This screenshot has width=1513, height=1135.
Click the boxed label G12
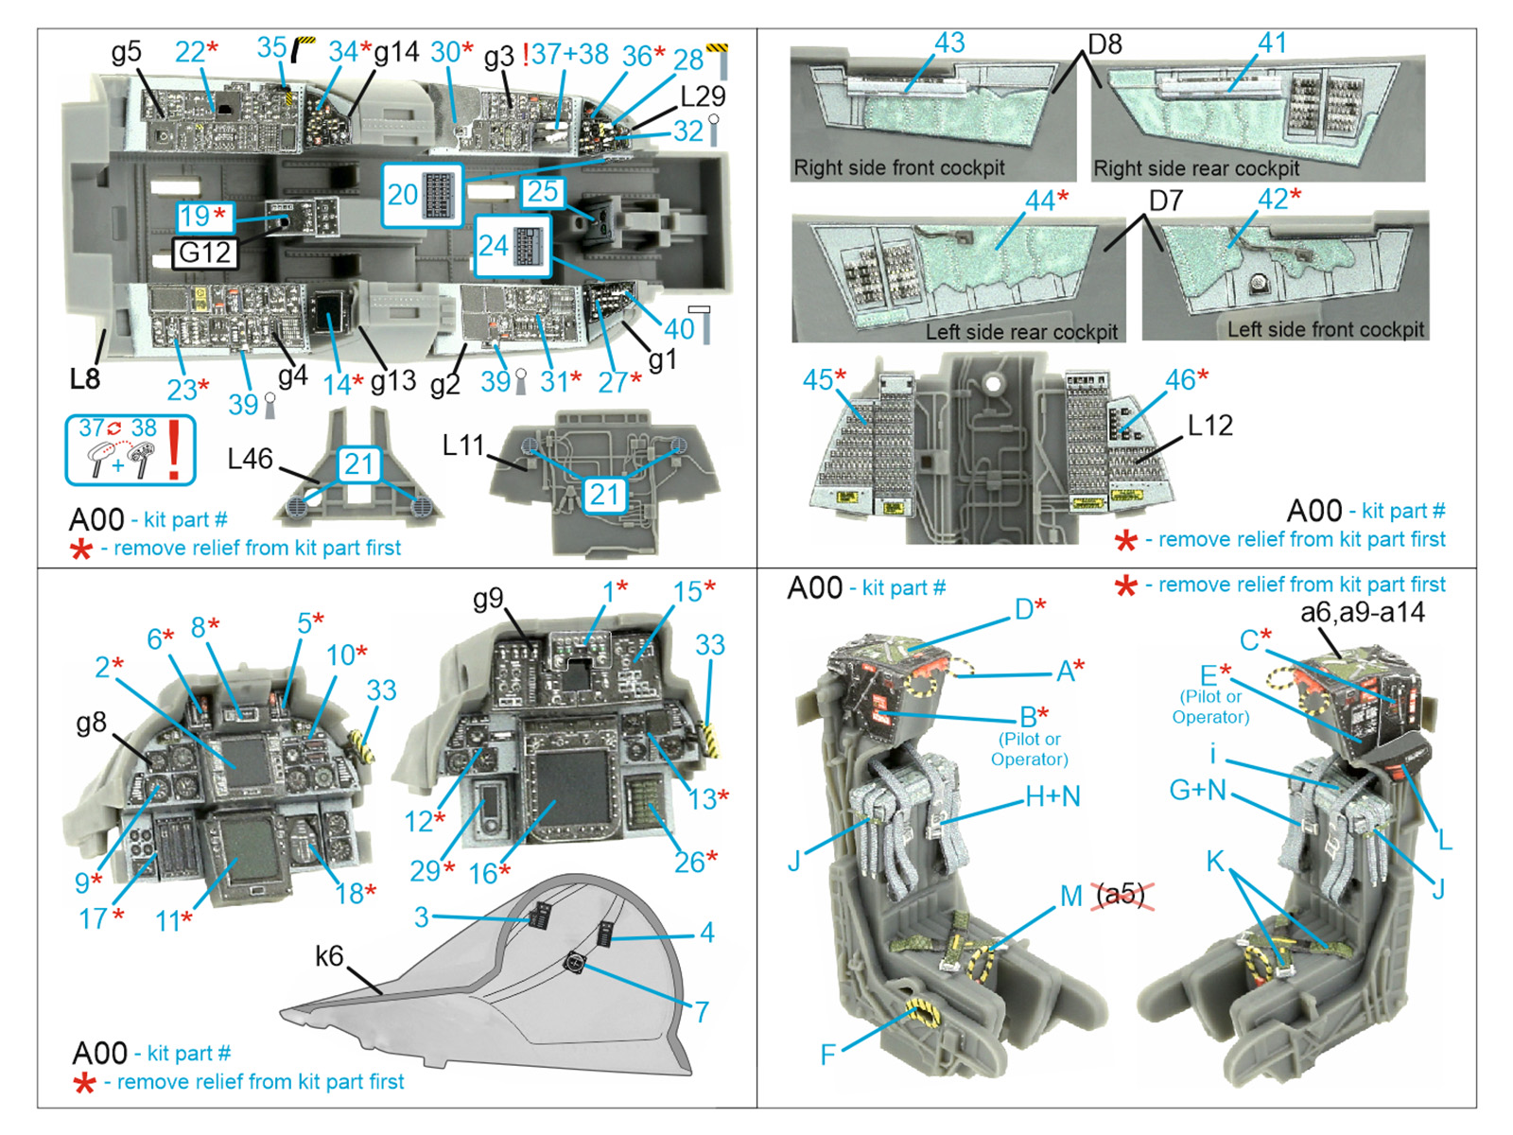coord(205,253)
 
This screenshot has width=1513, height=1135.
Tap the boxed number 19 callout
coord(204,217)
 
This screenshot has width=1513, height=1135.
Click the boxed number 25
coord(542,192)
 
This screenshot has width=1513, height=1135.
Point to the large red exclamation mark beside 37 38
coord(175,449)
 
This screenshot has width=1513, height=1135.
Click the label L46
coord(250,460)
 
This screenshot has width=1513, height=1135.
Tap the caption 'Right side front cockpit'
coord(898,168)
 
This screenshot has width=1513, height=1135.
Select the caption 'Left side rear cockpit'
coord(1021,332)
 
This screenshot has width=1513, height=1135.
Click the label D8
coord(1104,44)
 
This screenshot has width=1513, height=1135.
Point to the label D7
coord(1166,201)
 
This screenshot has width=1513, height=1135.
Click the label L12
coord(1209,426)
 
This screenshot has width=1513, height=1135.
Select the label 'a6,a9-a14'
coord(1362,613)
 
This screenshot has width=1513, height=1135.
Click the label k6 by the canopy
coord(329,956)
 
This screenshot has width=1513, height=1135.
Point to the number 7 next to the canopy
coord(702,1012)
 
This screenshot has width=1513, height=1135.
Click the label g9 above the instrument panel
coord(488,599)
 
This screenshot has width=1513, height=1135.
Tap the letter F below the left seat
coord(827,1054)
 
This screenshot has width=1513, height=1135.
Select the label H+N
coord(1052,797)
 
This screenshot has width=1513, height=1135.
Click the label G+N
coord(1197,790)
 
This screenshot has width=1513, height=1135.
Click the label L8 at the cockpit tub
coord(84,379)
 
